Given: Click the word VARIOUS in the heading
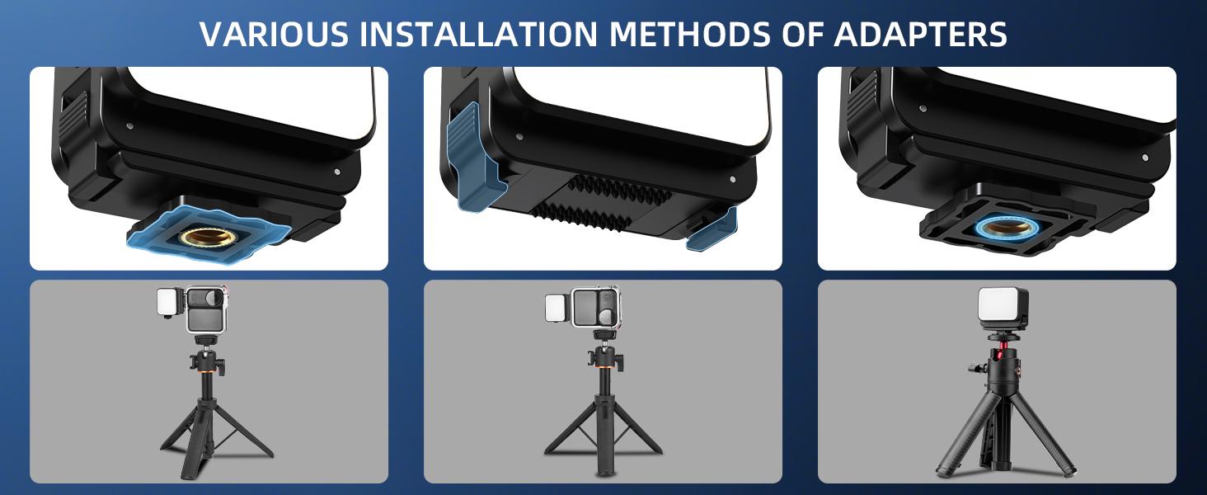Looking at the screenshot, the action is (x=274, y=34).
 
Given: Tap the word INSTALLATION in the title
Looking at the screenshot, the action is (x=478, y=34).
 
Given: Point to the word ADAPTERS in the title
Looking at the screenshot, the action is (x=920, y=34).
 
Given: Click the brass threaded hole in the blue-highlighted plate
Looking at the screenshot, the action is (x=205, y=236).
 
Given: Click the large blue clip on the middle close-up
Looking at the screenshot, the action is (x=474, y=157).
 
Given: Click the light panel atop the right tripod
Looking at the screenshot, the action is (x=1003, y=309).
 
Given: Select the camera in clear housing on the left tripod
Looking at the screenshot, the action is (x=207, y=309).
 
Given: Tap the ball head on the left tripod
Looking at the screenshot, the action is (x=207, y=362).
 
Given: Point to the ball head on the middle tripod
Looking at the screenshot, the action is (x=604, y=361).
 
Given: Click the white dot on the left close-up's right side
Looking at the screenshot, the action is (x=336, y=172).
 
